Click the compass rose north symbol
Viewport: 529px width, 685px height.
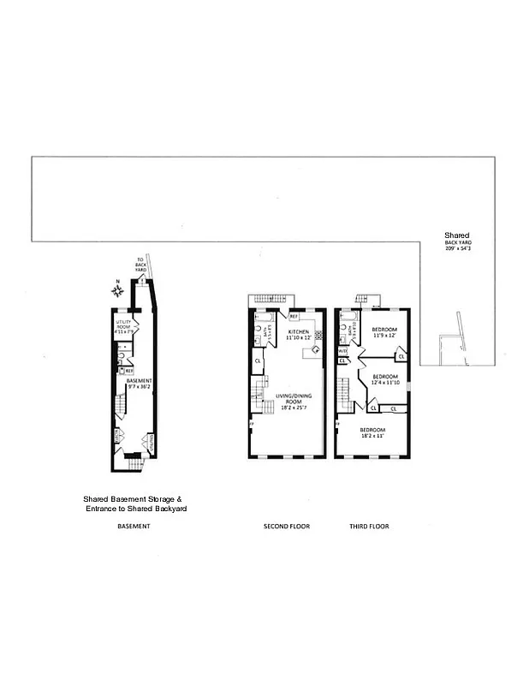pyautogui.click(x=119, y=291)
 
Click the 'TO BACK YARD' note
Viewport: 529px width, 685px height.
pyautogui.click(x=140, y=265)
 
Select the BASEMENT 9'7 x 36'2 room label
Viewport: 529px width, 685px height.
pyautogui.click(x=140, y=384)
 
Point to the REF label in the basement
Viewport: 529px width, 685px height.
pyautogui.click(x=129, y=371)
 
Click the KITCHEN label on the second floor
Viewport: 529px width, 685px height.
pyautogui.click(x=299, y=334)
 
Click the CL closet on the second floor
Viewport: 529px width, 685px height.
pyautogui.click(x=258, y=361)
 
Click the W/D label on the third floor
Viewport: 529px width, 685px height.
pyautogui.click(x=342, y=351)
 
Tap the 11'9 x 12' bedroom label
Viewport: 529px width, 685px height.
pyautogui.click(x=385, y=332)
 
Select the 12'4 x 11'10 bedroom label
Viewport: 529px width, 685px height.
pyautogui.click(x=385, y=379)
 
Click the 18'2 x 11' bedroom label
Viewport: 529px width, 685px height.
pyautogui.click(x=372, y=432)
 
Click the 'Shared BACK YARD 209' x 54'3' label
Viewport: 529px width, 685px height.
pyautogui.click(x=456, y=241)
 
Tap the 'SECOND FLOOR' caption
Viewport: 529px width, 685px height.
pyautogui.click(x=287, y=526)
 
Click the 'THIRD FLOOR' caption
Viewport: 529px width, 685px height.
pyautogui.click(x=370, y=526)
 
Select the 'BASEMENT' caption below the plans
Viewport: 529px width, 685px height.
pyautogui.click(x=134, y=526)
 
